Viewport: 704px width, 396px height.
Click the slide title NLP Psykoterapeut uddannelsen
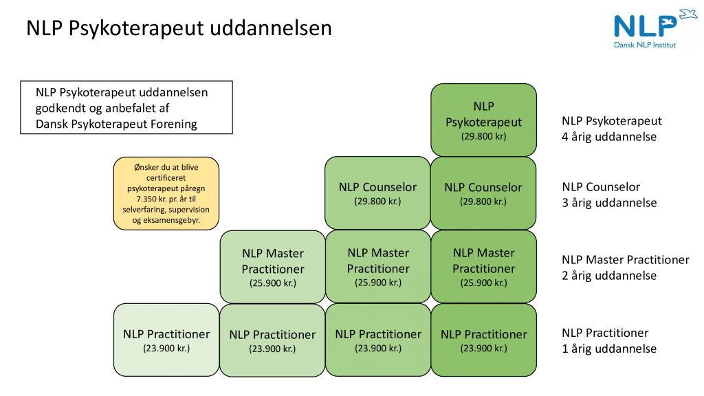pos(179,28)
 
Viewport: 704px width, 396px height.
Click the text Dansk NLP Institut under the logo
pos(644,44)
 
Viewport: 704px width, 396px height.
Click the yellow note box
pos(166,193)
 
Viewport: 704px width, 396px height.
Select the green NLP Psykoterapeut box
pos(483,120)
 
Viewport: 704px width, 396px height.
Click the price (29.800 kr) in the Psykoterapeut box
pos(483,136)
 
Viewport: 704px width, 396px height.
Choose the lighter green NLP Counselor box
pos(377,193)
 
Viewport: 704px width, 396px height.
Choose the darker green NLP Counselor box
pos(483,193)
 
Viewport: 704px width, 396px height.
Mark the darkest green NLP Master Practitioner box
pos(483,267)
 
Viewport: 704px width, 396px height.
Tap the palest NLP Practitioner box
pos(166,340)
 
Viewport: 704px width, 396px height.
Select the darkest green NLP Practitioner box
pos(483,340)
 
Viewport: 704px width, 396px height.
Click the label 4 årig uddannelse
pos(609,137)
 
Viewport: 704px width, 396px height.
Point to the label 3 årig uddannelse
pos(609,203)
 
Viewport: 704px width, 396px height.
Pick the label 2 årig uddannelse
pos(609,276)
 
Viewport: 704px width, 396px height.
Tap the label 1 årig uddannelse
pos(609,349)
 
